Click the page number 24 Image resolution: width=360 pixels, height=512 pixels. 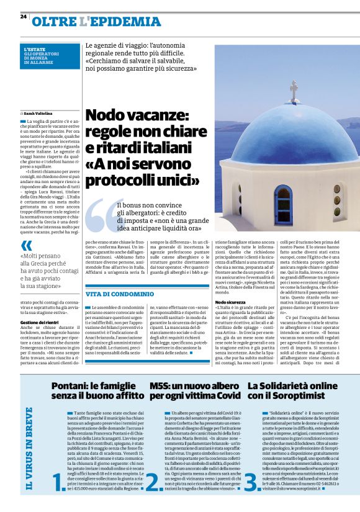[x=24, y=16]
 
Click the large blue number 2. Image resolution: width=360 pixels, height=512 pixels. [x=154, y=481]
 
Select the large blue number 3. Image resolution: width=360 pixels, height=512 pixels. [x=250, y=481]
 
